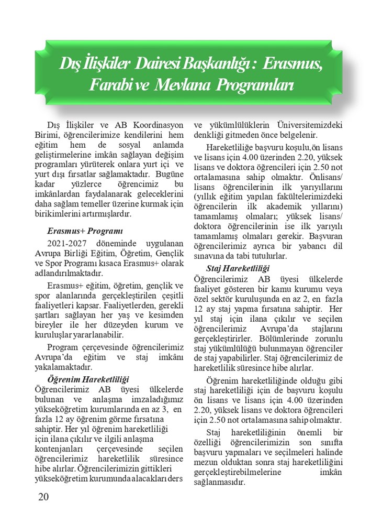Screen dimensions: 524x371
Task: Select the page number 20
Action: coord(43,497)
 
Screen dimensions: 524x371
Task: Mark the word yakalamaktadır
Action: coord(64,367)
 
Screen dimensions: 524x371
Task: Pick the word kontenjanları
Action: coord(61,450)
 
